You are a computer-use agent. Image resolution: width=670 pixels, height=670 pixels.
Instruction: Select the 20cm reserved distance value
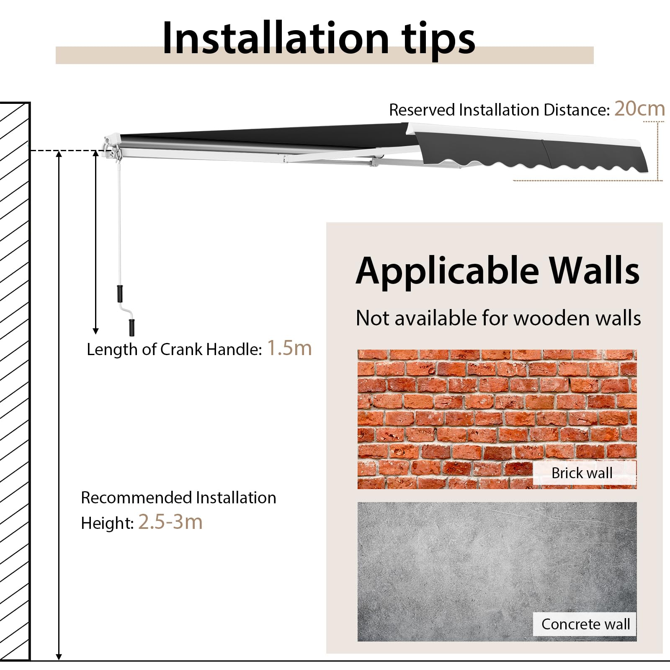point(639,108)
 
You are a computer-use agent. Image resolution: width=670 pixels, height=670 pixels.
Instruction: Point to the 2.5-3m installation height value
point(170,522)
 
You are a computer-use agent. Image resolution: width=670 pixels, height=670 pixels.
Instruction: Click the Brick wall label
point(582,473)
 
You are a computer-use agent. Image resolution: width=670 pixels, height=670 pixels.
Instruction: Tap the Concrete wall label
point(585,624)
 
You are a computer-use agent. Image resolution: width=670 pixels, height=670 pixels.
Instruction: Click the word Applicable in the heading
point(447,271)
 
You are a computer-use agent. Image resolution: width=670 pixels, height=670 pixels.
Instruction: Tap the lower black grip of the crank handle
point(132,327)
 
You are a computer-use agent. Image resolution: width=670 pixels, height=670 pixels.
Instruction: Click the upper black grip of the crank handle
point(119,294)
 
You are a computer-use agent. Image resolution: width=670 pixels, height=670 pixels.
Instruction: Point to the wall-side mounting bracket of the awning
point(111,147)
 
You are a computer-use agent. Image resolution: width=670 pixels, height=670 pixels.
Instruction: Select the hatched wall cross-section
point(15,381)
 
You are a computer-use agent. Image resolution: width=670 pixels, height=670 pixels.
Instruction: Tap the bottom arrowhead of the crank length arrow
point(95,331)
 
